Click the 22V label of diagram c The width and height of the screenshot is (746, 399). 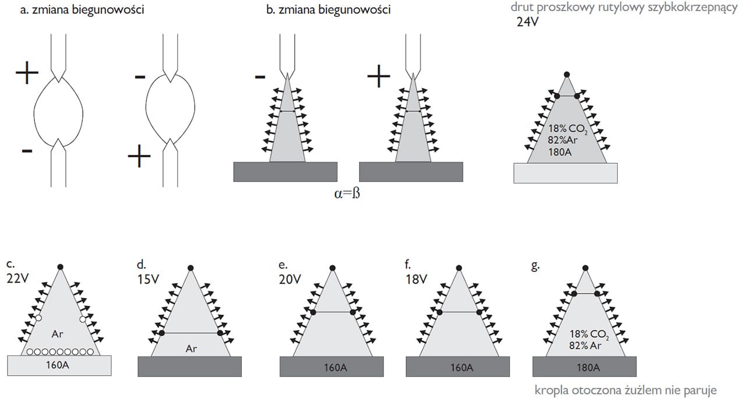pyautogui.click(x=18, y=278)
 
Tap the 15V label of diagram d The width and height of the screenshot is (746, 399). pyautogui.click(x=148, y=278)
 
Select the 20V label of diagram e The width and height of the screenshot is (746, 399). pyautogui.click(x=290, y=278)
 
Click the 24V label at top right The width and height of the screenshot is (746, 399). pyautogui.click(x=528, y=23)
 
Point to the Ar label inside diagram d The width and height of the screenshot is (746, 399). pyautogui.click(x=191, y=348)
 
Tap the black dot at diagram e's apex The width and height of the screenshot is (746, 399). pyautogui.click(x=332, y=268)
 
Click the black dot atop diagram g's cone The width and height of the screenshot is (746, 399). pyautogui.click(x=585, y=268)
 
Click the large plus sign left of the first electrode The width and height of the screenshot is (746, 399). pyautogui.click(x=27, y=74)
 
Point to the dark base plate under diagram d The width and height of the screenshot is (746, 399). pyautogui.click(x=189, y=367)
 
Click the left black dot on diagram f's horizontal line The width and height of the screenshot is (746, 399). pyautogui.click(x=439, y=313)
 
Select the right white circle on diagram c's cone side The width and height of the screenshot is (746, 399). pyautogui.click(x=83, y=319)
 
